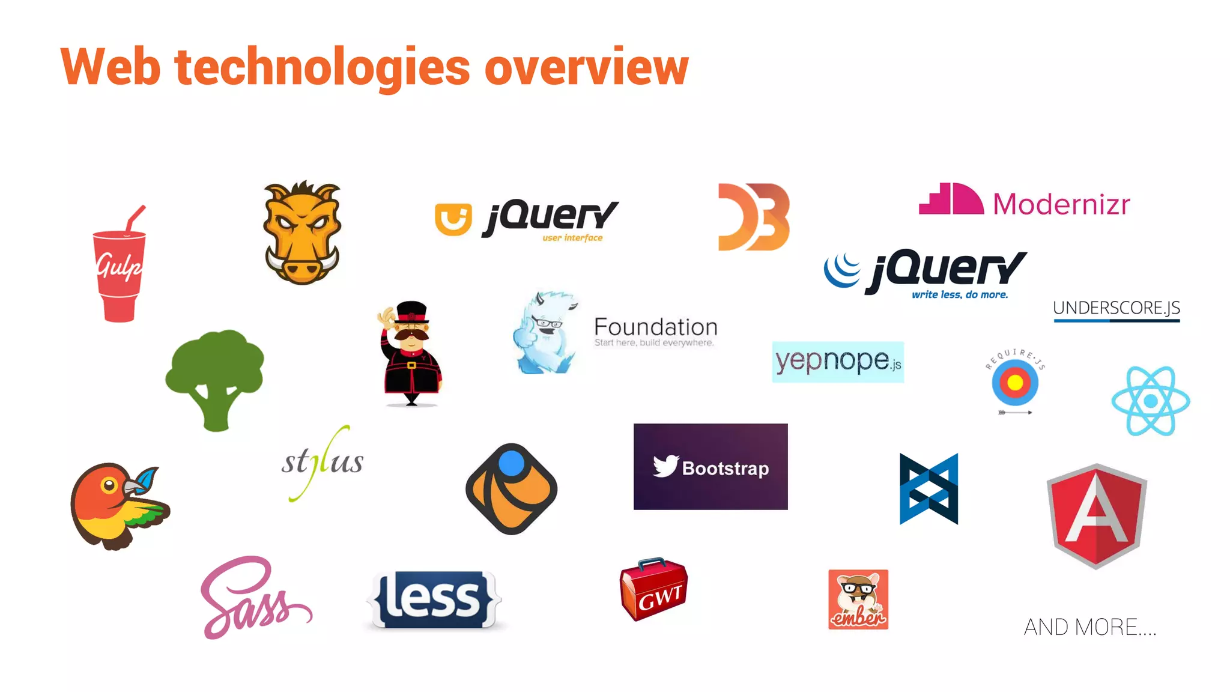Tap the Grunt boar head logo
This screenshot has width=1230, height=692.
(x=302, y=233)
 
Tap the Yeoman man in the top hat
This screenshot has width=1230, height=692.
(x=411, y=354)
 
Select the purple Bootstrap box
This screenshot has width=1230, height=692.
(x=710, y=467)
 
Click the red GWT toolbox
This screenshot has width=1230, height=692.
(x=653, y=590)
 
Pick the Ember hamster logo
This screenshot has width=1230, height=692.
(x=858, y=599)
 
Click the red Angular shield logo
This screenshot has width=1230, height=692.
(x=1096, y=516)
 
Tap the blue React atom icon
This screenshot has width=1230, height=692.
(x=1150, y=401)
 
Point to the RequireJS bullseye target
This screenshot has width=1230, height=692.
(x=1015, y=383)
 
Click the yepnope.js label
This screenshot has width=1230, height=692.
(x=838, y=362)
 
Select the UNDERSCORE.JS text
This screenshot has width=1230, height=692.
(x=1116, y=308)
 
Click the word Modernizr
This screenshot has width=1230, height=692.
(x=1061, y=204)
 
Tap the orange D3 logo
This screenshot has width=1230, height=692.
(x=754, y=217)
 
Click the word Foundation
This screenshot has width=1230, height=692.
(x=655, y=327)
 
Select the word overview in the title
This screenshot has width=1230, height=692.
(x=586, y=67)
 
